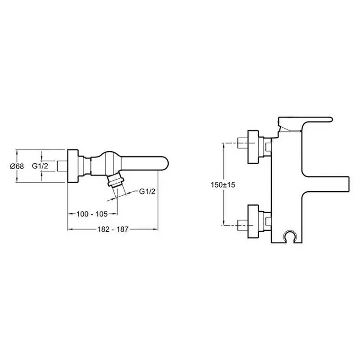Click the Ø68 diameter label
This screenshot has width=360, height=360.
[17, 166]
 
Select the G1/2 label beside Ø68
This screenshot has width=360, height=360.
[40, 166]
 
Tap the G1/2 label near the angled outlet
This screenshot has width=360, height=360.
[147, 191]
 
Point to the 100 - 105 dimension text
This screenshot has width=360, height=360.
[92, 214]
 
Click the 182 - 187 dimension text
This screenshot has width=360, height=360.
[113, 229]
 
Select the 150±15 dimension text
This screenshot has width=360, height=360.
[223, 184]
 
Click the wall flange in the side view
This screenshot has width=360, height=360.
[73, 166]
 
